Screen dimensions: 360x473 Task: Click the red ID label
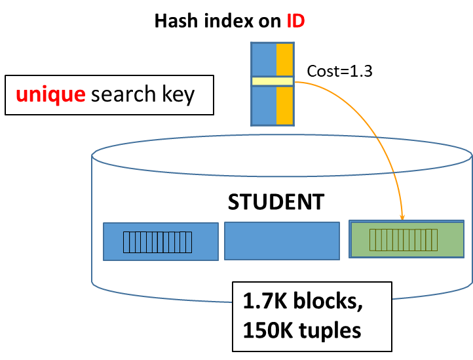point(295,21)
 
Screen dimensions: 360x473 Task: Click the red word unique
point(50,94)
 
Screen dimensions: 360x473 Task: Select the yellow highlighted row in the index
point(272,81)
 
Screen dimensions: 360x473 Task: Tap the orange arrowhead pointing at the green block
point(402,216)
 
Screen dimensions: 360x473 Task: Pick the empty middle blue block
point(282,241)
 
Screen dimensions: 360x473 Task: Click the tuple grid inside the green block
point(404,240)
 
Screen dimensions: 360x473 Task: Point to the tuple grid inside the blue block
point(158,242)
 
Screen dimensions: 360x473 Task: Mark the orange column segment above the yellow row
point(284,60)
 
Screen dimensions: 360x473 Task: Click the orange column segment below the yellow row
point(284,105)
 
